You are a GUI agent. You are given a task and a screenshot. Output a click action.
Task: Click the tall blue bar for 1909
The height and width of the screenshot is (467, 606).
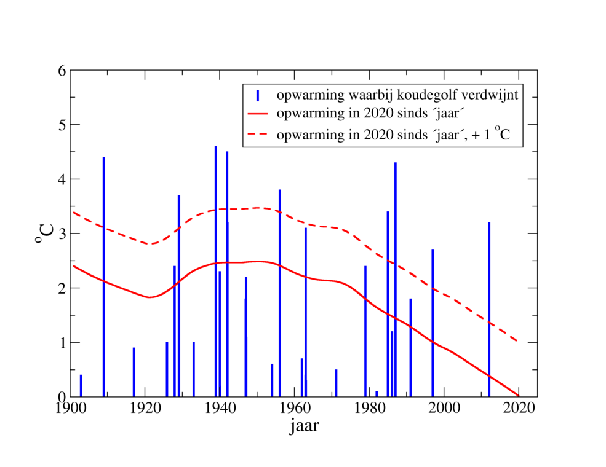(x=103, y=277)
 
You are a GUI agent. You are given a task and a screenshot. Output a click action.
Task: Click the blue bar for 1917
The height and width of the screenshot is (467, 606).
(x=134, y=372)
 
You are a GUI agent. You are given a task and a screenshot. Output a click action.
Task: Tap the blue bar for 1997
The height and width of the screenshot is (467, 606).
(x=433, y=323)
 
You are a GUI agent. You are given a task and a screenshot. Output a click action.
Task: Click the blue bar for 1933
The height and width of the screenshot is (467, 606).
(x=193, y=369)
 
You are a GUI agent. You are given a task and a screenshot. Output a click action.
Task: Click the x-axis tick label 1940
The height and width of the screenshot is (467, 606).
(x=220, y=409)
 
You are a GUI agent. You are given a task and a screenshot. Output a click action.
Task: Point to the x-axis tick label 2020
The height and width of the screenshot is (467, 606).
(x=519, y=409)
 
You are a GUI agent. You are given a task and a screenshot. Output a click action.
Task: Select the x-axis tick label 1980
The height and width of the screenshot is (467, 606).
(x=369, y=409)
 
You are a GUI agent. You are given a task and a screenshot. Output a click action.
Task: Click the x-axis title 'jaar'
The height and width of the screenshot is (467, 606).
(x=304, y=426)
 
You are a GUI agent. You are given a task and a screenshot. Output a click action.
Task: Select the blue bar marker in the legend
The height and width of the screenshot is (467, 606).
(x=258, y=95)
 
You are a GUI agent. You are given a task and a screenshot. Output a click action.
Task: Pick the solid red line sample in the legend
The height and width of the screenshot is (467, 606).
(x=258, y=114)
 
